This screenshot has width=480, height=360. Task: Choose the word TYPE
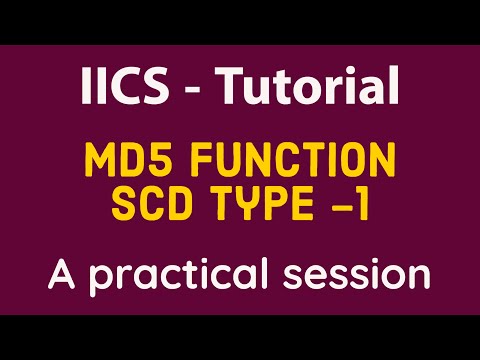(262, 204)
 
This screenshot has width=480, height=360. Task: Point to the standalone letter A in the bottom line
(62, 272)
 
